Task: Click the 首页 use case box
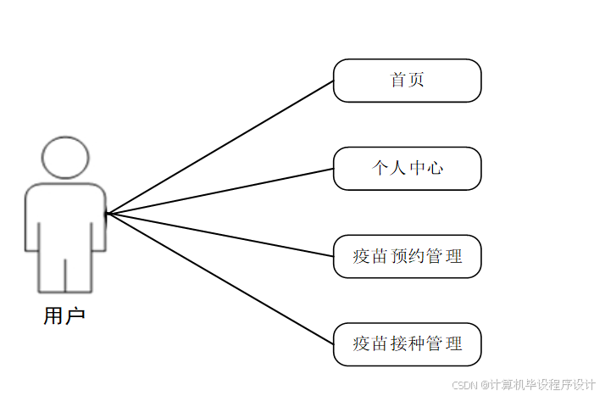coord(407,81)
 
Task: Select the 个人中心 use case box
coord(407,168)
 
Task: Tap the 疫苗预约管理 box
coord(407,256)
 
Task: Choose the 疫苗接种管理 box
coord(407,344)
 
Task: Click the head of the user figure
coord(65,157)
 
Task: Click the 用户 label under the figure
coord(64,316)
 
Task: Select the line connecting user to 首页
coord(220,147)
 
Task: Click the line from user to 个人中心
coord(220,191)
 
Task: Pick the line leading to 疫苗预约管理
coord(220,234)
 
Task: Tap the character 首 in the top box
coord(398,81)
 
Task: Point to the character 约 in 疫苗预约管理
coord(416,256)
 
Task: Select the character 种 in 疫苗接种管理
coord(416,344)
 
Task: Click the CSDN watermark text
coord(524,384)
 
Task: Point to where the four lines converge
coord(108,214)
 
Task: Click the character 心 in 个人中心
coord(436,168)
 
